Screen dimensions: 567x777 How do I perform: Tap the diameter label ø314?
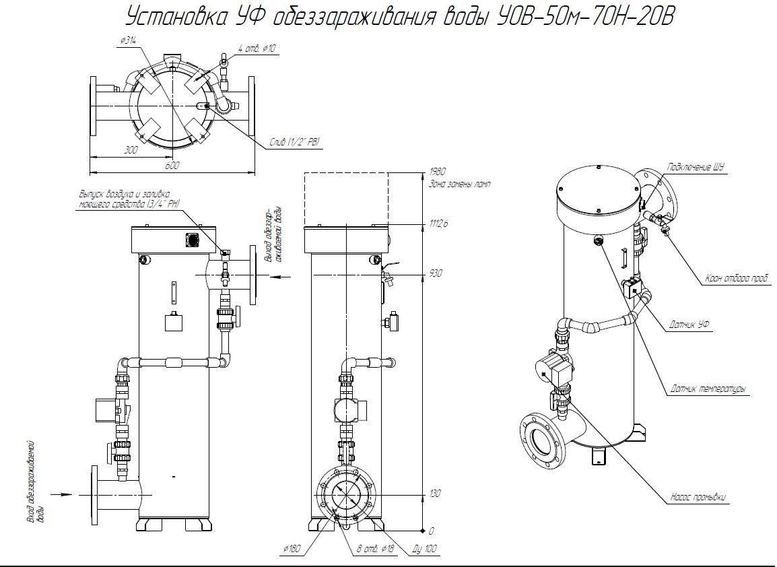(128, 41)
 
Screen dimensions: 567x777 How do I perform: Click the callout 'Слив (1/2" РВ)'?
(294, 142)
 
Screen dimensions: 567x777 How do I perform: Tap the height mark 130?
(434, 494)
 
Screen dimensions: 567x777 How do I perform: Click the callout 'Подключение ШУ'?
(695, 168)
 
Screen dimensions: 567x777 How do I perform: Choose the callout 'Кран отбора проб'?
(737, 277)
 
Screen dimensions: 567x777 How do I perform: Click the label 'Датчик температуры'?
(709, 389)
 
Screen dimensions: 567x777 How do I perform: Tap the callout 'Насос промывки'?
(700, 498)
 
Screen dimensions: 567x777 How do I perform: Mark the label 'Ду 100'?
(424, 550)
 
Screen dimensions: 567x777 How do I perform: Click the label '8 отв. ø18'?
(375, 550)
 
